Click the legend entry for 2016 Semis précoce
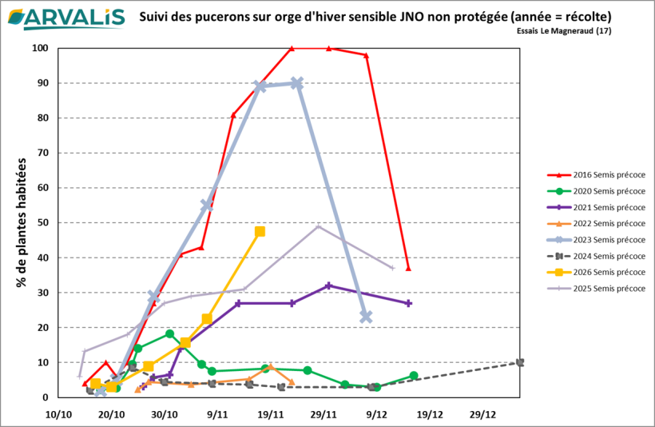click(x=596, y=174)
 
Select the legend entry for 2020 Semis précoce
click(x=596, y=191)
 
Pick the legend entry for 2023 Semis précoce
click(x=596, y=240)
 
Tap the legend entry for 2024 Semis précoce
click(x=596, y=256)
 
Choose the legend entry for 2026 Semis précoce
click(x=596, y=272)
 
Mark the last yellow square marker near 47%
click(x=260, y=232)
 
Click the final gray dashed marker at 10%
click(x=520, y=362)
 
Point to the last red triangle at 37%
click(x=408, y=269)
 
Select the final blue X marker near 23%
click(x=366, y=317)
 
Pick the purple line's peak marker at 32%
click(x=328, y=285)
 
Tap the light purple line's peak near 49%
click(x=318, y=226)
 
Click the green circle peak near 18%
click(x=169, y=333)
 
